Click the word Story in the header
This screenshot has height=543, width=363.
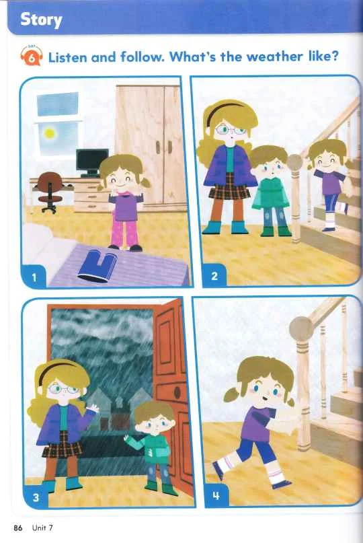(x=41, y=20)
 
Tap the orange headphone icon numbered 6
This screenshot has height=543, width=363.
(x=32, y=55)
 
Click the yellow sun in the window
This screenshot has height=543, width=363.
(x=50, y=133)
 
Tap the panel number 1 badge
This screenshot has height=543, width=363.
(x=34, y=277)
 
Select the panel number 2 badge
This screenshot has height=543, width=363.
(x=214, y=276)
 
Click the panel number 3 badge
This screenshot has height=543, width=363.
(x=36, y=497)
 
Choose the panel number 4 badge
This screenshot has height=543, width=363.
(x=216, y=495)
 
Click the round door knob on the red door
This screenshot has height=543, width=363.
(x=177, y=392)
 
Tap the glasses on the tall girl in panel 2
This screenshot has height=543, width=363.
(x=230, y=131)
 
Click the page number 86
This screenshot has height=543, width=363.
(x=18, y=528)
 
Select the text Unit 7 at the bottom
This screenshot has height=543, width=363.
(x=42, y=528)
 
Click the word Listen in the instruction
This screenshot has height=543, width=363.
(x=67, y=57)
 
